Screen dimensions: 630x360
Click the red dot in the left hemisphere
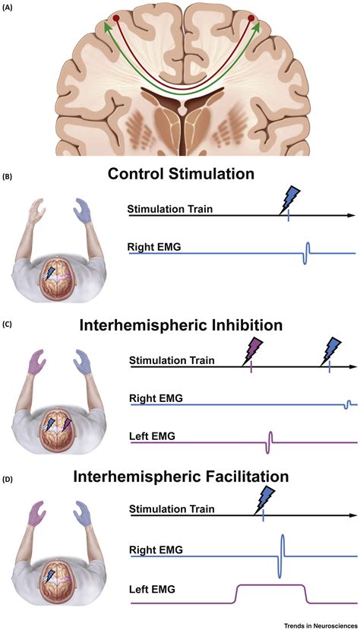[x=115, y=18]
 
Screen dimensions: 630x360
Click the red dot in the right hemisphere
[x=251, y=18]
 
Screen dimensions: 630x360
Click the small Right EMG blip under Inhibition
[x=348, y=404]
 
